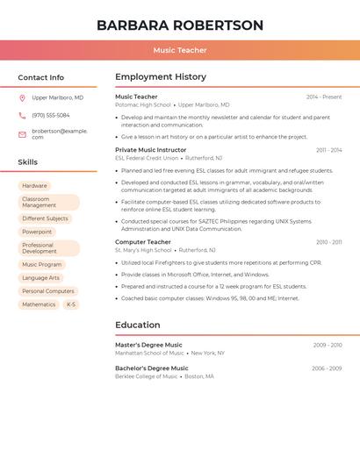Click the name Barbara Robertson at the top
point(180,25)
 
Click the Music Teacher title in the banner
point(180,50)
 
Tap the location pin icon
point(22,98)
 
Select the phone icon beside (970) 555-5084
point(22,116)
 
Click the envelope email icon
point(22,134)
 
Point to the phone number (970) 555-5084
point(51,116)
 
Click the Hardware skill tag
point(34,186)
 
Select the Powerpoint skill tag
point(37,232)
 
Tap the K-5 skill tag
point(71,304)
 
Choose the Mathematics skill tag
point(39,304)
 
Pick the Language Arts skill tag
point(41,278)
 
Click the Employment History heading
point(161,77)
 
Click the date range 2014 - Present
point(324,97)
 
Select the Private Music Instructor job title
point(151,150)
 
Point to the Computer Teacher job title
point(143,241)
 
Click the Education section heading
point(138,325)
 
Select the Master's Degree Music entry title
point(149,345)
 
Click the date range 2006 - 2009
point(327,368)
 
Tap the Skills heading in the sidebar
point(28,162)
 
